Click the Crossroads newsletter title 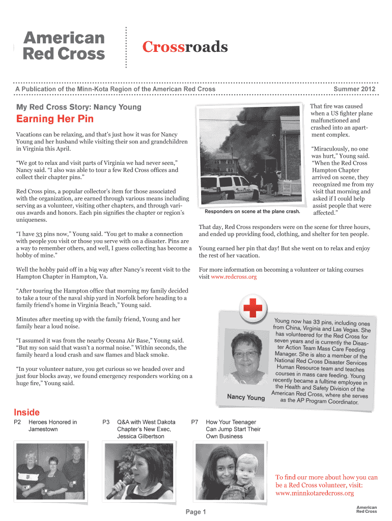184,47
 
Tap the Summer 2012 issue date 354,89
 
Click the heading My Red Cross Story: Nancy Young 79,107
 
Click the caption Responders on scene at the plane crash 252,211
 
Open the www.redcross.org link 234,277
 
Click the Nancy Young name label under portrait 245,397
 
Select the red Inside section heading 26,412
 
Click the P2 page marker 17,422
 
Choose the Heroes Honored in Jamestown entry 52,425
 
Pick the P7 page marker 194,422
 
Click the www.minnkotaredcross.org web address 314,493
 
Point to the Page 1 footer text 196,512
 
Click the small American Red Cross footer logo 366,510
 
